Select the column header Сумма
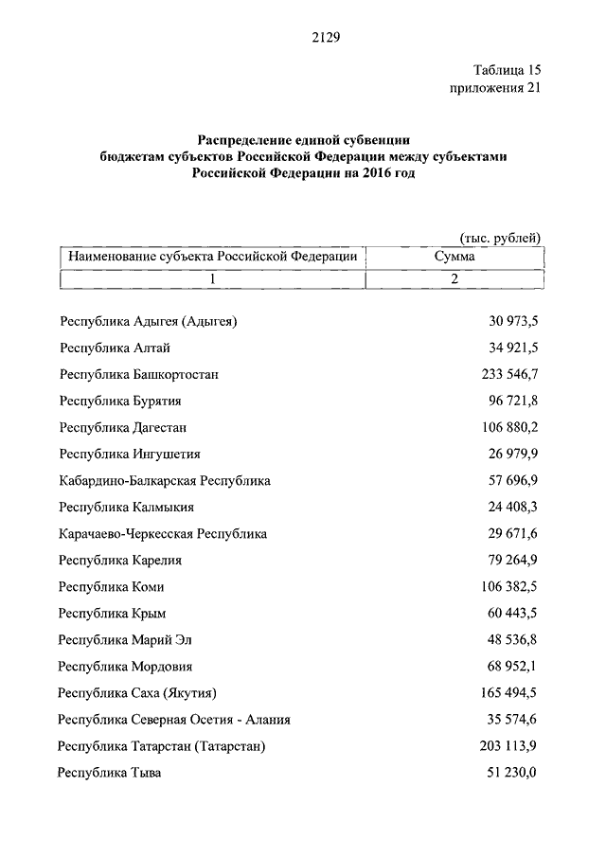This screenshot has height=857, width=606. (x=454, y=256)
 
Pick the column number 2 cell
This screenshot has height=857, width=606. (x=454, y=279)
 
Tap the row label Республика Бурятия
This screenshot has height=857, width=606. (x=119, y=401)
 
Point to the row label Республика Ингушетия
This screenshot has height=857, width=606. (x=129, y=454)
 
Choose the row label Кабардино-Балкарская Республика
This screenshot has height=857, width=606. (x=165, y=480)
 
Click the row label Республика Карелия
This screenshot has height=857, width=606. (x=119, y=560)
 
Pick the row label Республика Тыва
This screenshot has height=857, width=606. (x=109, y=773)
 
